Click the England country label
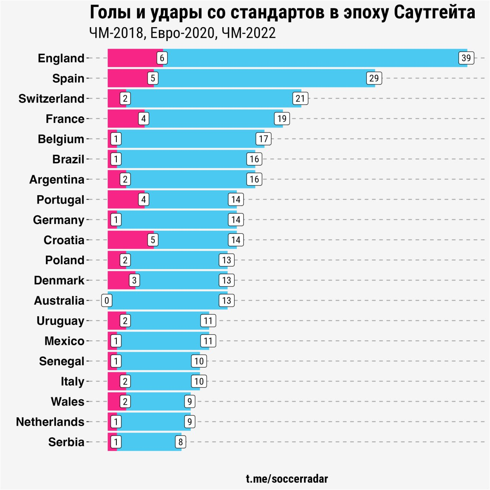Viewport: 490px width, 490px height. [61, 58]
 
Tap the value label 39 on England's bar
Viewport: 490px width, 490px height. [466, 58]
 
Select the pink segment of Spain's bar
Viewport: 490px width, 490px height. [128, 78]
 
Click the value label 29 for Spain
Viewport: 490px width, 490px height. [374, 78]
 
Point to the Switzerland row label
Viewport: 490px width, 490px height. [51, 99]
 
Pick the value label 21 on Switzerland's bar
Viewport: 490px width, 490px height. [300, 99]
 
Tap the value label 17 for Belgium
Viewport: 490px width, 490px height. [263, 139]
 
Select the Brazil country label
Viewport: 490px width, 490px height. [68, 159]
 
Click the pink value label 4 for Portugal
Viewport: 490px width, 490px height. [144, 199]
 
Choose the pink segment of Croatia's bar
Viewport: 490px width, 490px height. [128, 240]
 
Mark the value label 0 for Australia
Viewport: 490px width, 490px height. [106, 301]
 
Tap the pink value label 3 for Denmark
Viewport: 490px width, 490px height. [134, 280]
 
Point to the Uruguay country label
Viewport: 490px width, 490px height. [60, 321]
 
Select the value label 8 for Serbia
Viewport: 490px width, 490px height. [181, 442]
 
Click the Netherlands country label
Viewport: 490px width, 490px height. [50, 422]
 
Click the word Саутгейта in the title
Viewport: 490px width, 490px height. [434, 12]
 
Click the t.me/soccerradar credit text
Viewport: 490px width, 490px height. [287, 479]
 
